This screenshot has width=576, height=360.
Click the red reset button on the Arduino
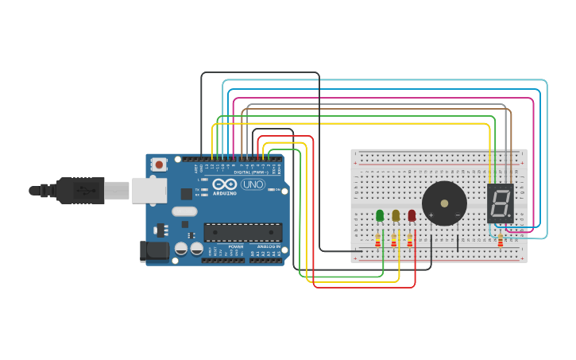(160, 165)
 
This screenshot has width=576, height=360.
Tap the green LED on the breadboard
(380, 215)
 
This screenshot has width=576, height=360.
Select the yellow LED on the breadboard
(396, 215)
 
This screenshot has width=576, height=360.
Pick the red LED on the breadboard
(412, 215)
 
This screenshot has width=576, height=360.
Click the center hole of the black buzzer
(444, 203)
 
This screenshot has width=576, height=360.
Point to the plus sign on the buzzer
(431, 215)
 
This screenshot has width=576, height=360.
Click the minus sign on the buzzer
(458, 215)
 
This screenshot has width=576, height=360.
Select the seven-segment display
(500, 204)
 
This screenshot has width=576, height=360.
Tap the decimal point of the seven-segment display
(509, 216)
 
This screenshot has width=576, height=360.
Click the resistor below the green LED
(378, 239)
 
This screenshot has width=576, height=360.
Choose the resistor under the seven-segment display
(500, 240)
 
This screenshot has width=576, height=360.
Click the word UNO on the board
(253, 184)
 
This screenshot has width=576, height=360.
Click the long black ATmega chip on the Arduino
(242, 232)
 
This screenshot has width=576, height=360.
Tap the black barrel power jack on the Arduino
(154, 251)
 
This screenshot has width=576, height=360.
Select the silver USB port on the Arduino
(149, 190)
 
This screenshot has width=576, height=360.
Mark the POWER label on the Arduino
(236, 247)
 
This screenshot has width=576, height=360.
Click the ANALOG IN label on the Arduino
(268, 247)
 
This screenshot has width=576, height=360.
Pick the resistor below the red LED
(410, 239)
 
